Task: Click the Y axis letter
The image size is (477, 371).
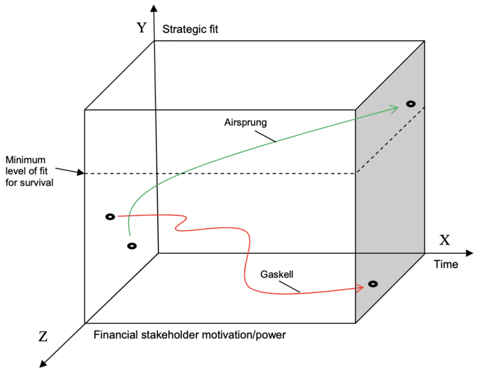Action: coord(142,28)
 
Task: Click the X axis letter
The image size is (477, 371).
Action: coord(446,240)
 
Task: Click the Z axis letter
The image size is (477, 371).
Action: coord(43,337)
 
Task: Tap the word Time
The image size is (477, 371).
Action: coord(446,264)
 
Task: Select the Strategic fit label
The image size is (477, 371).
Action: coord(190,29)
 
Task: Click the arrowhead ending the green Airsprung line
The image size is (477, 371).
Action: coord(394,109)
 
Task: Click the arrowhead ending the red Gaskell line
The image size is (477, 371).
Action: coord(360,288)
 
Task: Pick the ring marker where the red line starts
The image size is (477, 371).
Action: coord(109,217)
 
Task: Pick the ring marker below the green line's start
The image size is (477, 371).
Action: coord(132,246)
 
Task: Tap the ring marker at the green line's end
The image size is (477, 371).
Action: coord(410,104)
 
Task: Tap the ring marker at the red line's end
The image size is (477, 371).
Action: coord(373,284)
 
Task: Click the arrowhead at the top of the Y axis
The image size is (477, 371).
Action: coord(153,8)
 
